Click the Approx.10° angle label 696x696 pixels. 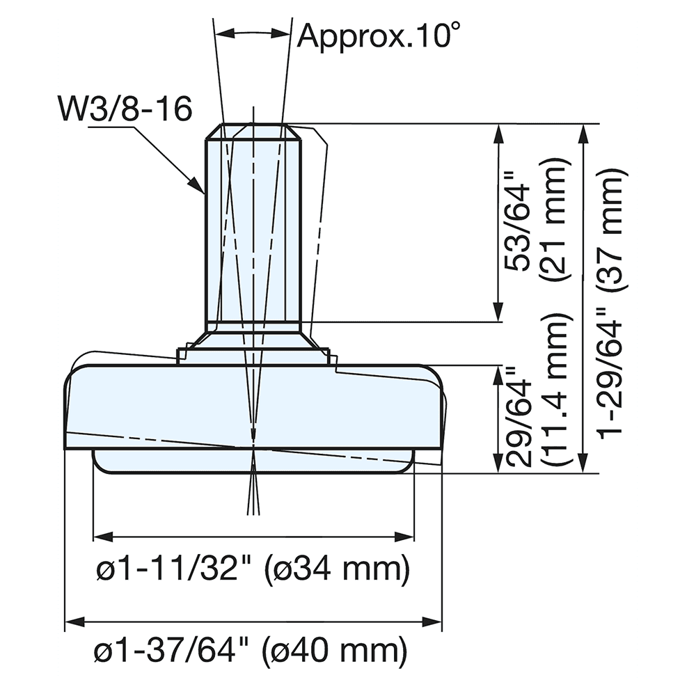(379, 35)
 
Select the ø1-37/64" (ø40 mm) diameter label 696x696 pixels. (251, 652)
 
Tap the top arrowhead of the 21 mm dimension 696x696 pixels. (498, 133)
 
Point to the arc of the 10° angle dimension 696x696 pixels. (252, 32)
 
